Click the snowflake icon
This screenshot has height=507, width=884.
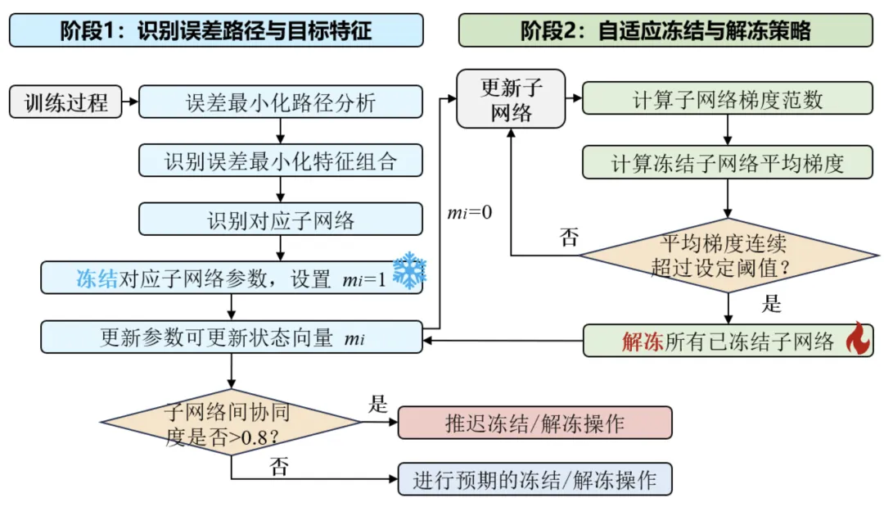(x=409, y=271)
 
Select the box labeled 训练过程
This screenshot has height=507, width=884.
(x=65, y=102)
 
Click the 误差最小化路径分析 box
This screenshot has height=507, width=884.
(x=280, y=102)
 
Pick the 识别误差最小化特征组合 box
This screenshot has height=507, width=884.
(x=280, y=161)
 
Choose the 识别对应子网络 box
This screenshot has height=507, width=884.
(x=280, y=220)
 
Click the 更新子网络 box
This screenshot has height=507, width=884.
(x=511, y=99)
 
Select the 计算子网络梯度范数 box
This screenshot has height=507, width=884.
(x=728, y=98)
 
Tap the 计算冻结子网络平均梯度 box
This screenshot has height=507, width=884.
(x=728, y=163)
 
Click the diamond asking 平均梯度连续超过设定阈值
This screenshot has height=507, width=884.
(x=728, y=256)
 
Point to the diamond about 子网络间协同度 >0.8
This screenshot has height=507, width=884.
(x=231, y=423)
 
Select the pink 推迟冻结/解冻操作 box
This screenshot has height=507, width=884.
(x=535, y=423)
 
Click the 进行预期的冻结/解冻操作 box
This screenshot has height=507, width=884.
(x=535, y=479)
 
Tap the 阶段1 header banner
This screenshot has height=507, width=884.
(x=216, y=30)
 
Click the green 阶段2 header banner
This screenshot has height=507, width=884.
(x=665, y=30)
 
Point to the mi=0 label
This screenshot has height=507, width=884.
(x=470, y=213)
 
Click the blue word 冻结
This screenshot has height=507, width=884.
(x=97, y=278)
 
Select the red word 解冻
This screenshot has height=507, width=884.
(x=643, y=342)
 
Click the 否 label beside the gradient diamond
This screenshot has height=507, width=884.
(x=569, y=237)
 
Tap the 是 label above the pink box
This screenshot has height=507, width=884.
(x=377, y=404)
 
